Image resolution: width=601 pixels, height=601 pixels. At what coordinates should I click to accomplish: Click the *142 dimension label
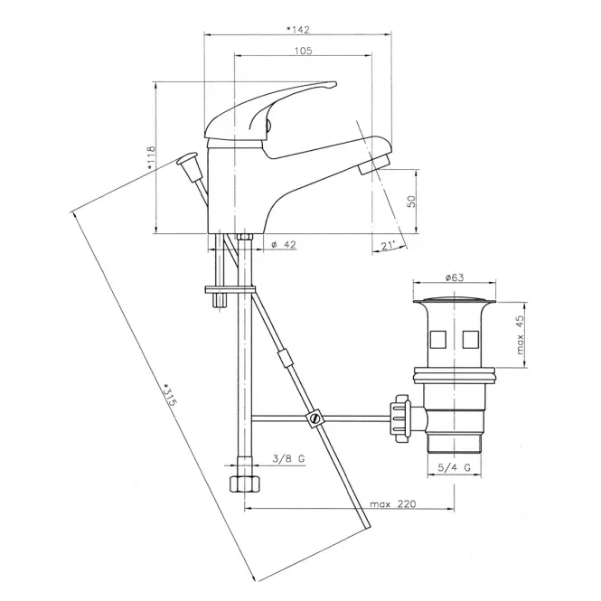click(x=298, y=30)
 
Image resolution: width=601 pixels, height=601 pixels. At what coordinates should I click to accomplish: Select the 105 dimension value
click(x=303, y=51)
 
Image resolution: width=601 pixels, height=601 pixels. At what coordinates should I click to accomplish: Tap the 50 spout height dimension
click(x=411, y=202)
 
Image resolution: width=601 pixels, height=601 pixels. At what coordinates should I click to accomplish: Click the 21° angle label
click(x=388, y=245)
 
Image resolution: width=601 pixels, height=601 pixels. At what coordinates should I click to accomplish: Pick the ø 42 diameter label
click(x=284, y=245)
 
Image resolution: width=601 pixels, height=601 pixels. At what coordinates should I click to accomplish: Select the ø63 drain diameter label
click(x=455, y=277)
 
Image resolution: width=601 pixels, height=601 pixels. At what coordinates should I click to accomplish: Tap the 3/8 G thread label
click(x=288, y=458)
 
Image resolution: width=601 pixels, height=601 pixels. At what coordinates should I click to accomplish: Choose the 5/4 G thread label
click(x=455, y=467)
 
